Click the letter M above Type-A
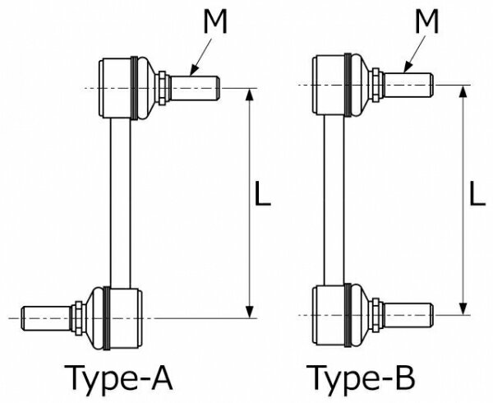pyautogui.click(x=215, y=21)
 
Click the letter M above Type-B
pyautogui.click(x=426, y=21)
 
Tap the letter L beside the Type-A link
pyautogui.click(x=262, y=194)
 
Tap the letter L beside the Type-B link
pyautogui.click(x=477, y=194)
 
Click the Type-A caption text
pyautogui.click(x=118, y=378)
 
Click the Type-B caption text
pyautogui.click(x=361, y=378)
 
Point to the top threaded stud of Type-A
pyautogui.click(x=195, y=88)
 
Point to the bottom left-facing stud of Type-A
pyautogui.click(x=46, y=318)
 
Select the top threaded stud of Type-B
pyautogui.click(x=408, y=85)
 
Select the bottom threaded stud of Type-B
pyautogui.click(x=408, y=315)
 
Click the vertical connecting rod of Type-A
pyautogui.click(x=121, y=203)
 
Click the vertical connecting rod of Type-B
pyautogui.click(x=334, y=201)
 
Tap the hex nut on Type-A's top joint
pyautogui.click(x=163, y=88)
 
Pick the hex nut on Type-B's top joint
pyautogui.click(x=376, y=85)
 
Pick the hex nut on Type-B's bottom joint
pyautogui.click(x=376, y=315)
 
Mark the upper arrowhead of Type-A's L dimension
pyautogui.click(x=249, y=94)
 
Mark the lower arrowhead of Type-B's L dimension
pyautogui.click(x=463, y=308)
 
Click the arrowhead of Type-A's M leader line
pyautogui.click(x=194, y=70)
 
